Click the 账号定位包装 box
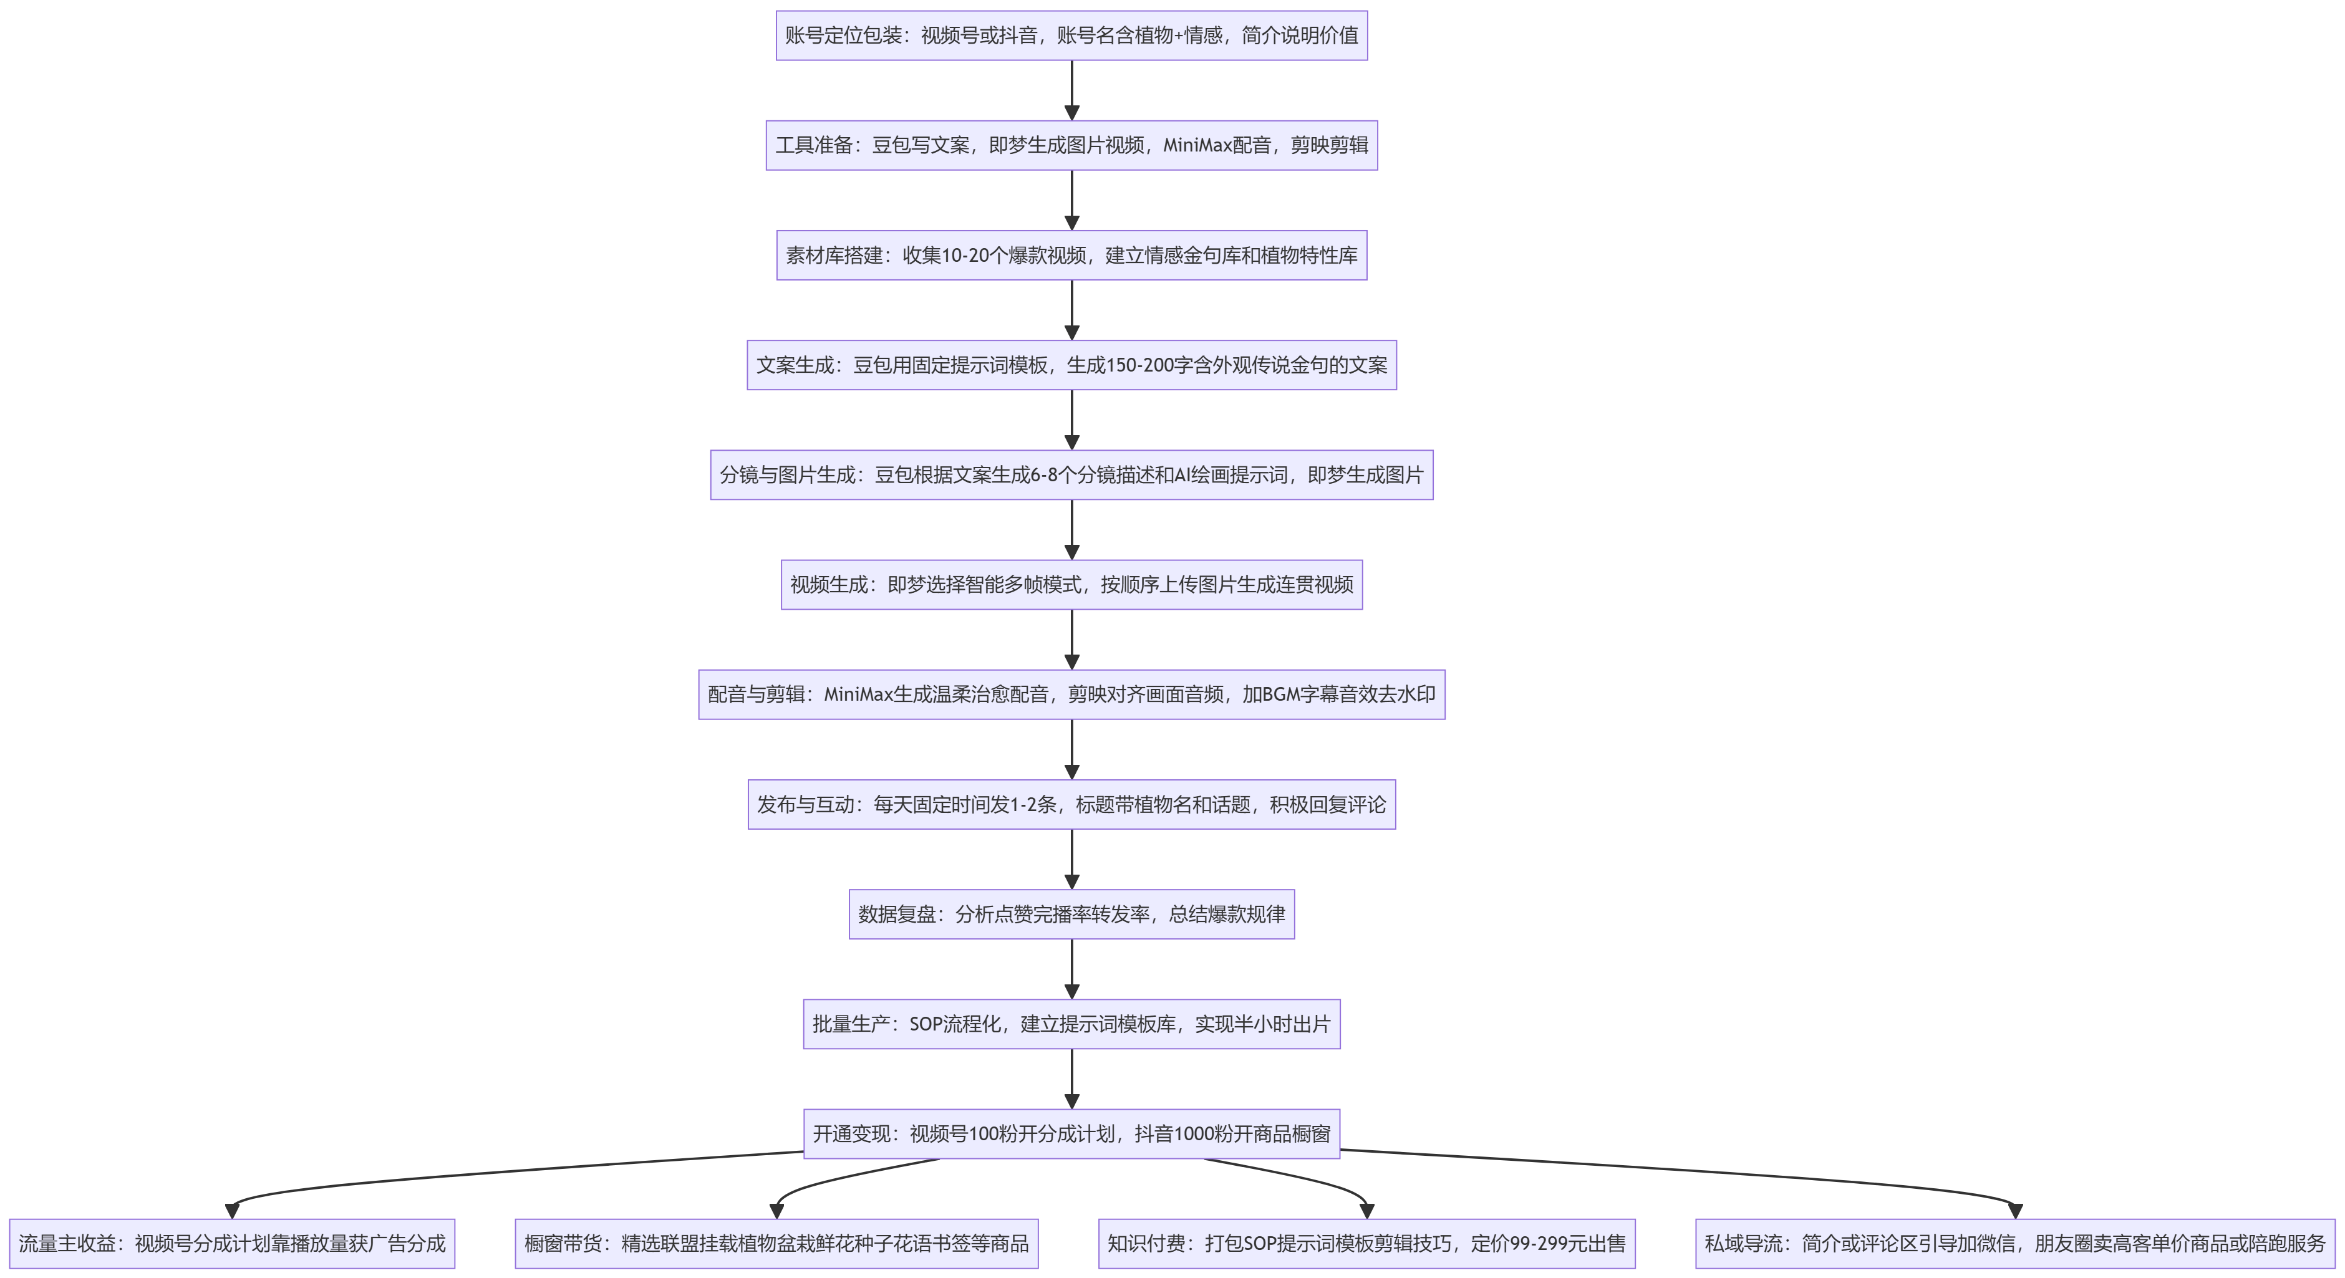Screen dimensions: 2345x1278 [x=1071, y=36]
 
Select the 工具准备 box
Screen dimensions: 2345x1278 [x=1071, y=146]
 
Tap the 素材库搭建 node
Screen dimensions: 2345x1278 [x=1071, y=255]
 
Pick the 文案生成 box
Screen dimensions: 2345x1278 [x=1071, y=365]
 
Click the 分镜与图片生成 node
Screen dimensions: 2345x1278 [x=1071, y=475]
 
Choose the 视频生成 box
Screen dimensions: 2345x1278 [x=1071, y=584]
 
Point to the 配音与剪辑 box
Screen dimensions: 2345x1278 [x=1071, y=694]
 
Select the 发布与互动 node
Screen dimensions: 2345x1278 [x=1071, y=805]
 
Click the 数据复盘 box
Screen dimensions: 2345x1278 [x=1071, y=914]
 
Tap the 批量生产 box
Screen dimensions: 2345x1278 [x=1071, y=1024]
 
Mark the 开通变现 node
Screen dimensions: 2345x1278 [x=1071, y=1134]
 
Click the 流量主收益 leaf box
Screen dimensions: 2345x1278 [x=232, y=1244]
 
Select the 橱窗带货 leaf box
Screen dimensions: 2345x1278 [x=776, y=1244]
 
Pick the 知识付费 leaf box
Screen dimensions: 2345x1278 [x=1366, y=1244]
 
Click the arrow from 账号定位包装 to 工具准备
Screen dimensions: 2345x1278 [x=1071, y=90]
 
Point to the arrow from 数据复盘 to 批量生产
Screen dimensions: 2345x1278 [x=1071, y=969]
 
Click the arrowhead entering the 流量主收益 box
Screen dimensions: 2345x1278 [x=232, y=1211]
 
